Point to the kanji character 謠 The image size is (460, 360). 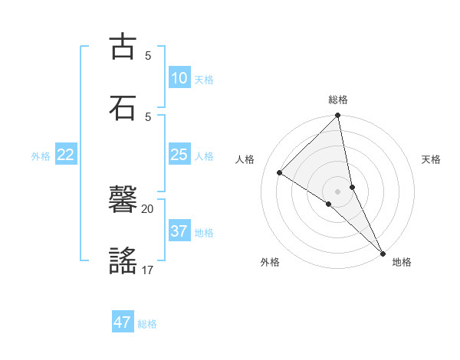[x=123, y=261]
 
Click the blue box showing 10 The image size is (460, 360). [x=179, y=78]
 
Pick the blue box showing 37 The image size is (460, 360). [x=179, y=231]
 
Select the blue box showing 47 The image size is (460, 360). [x=123, y=322]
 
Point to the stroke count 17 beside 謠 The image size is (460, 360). [x=147, y=270]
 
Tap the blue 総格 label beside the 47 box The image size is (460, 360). [x=147, y=324]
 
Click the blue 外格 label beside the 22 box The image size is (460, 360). [x=41, y=156]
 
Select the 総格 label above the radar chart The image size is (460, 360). [x=338, y=100]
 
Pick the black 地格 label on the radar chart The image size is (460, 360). [x=402, y=262]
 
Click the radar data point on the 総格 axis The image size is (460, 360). [x=338, y=116]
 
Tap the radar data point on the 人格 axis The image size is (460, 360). [x=279, y=172]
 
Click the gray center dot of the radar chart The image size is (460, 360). [x=338, y=191]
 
